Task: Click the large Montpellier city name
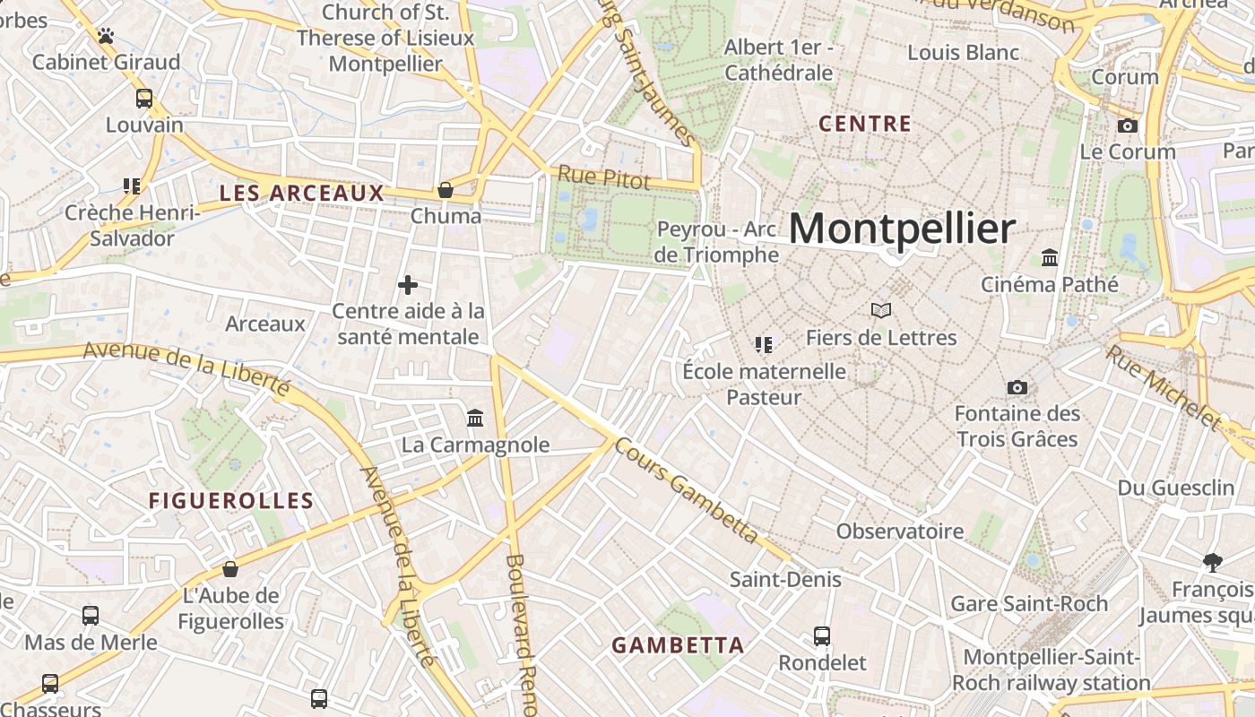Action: point(902,229)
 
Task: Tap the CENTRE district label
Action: point(865,124)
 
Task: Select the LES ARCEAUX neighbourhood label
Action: point(301,193)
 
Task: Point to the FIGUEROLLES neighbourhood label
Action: point(231,501)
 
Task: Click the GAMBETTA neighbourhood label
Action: point(678,644)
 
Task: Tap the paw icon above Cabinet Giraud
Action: point(106,36)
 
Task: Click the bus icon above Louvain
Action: point(144,99)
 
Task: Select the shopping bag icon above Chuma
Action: point(445,190)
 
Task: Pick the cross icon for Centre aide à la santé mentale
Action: point(408,285)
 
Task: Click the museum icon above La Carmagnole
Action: point(475,418)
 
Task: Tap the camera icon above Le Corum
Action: point(1128,125)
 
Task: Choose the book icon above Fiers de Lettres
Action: point(881,311)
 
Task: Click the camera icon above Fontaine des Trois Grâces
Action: point(1017,387)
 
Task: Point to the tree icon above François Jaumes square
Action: point(1213,563)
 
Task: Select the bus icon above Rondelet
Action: point(822,636)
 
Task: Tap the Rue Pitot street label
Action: point(603,177)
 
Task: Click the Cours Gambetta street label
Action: point(688,491)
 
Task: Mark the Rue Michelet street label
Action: point(1163,386)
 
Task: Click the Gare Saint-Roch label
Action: point(1029,603)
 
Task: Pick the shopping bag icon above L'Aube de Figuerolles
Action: point(230,569)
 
